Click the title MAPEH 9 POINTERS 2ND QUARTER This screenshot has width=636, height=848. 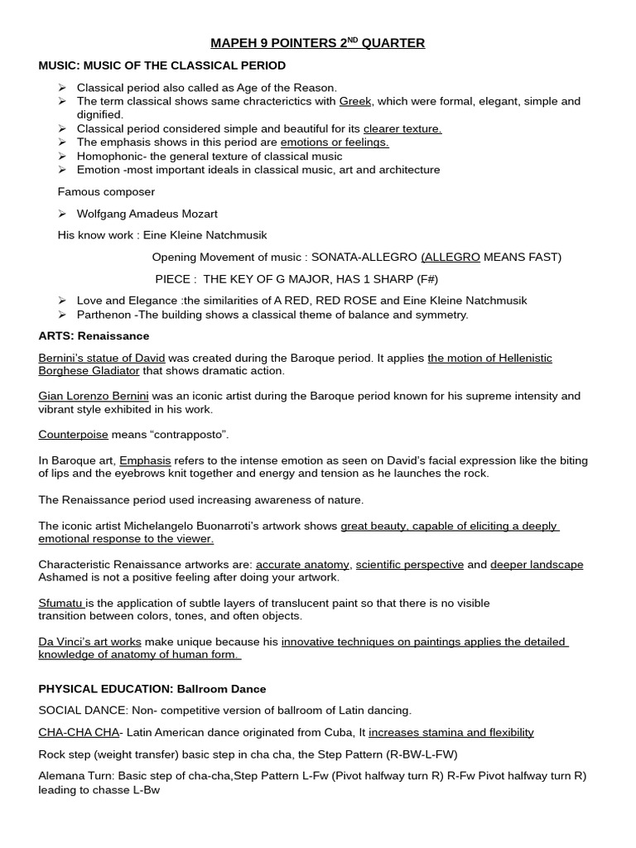click(317, 43)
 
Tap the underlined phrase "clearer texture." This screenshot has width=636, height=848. click(402, 128)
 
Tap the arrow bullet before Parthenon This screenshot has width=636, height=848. click(62, 315)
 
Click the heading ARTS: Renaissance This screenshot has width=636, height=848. click(94, 336)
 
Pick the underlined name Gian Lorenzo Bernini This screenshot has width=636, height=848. click(88, 396)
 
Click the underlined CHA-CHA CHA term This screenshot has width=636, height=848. click(79, 732)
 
